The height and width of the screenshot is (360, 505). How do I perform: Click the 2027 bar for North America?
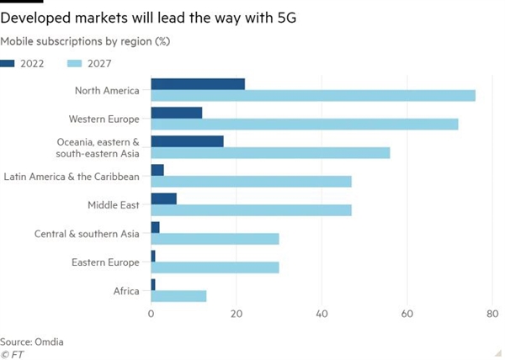click(313, 95)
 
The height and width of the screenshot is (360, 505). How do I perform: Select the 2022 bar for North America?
click(198, 84)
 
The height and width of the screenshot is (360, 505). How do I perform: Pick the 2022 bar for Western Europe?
click(177, 112)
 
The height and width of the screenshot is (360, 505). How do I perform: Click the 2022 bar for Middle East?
click(163, 199)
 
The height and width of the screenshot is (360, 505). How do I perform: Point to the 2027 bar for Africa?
click(178, 296)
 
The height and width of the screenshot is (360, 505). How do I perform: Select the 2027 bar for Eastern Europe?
click(215, 267)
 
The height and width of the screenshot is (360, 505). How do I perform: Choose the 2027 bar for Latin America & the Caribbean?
click(251, 181)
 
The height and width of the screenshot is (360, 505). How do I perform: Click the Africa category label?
click(126, 291)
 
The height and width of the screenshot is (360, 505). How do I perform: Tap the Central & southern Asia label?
click(88, 233)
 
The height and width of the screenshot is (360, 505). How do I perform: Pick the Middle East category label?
click(114, 204)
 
